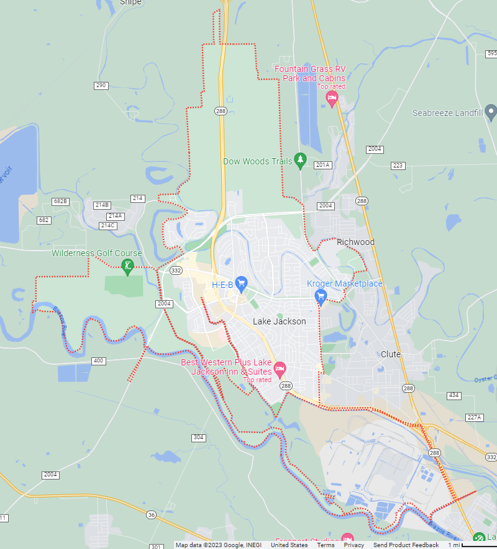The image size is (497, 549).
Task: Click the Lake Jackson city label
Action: point(279,321)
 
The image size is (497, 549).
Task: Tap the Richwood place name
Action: point(355,242)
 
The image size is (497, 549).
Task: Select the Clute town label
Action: point(391,354)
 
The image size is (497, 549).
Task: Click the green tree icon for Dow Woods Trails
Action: point(301,161)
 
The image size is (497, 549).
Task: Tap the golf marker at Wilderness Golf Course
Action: point(128,267)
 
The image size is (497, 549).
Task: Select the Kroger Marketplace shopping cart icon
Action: point(321,296)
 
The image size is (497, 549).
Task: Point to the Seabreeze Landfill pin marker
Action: point(491,113)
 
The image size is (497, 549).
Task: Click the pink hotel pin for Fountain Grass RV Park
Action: point(332,99)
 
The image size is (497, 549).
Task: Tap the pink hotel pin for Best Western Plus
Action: point(280,370)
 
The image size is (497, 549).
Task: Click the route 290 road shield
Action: point(101,86)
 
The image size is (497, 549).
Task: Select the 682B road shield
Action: point(60,202)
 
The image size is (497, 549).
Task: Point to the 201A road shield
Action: point(323,165)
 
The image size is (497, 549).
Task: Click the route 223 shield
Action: point(398,166)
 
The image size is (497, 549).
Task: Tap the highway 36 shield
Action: point(151,515)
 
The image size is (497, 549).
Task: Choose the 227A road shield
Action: point(474,417)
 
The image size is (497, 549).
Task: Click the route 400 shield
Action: point(98,361)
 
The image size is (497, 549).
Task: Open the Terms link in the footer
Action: point(326,545)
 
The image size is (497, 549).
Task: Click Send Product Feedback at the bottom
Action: point(406,545)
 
